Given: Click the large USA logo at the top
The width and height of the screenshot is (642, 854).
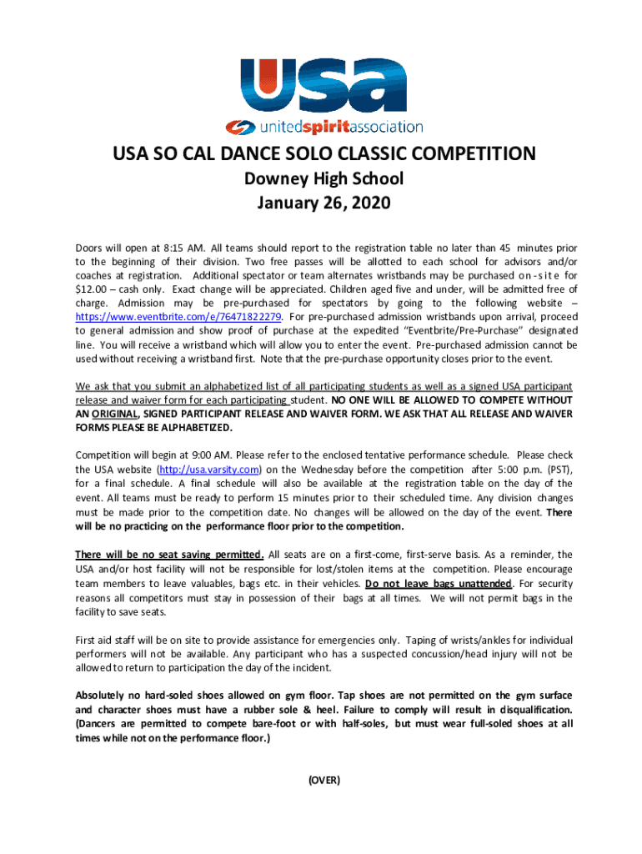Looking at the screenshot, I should click(321, 88).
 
